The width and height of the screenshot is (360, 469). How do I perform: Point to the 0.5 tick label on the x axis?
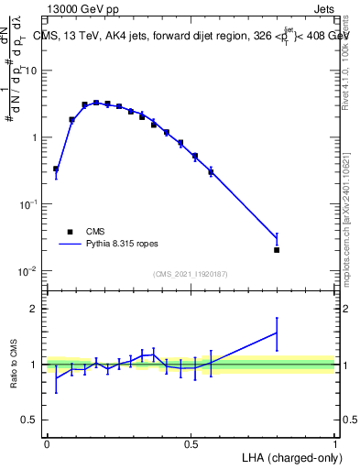tap(191, 442)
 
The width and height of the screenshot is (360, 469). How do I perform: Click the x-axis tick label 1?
tap(334, 442)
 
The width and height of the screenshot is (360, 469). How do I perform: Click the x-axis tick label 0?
tap(47, 442)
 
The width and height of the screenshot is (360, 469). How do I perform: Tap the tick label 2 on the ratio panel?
tap(35, 310)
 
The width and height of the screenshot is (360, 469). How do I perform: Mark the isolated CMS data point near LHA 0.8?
tap(277, 249)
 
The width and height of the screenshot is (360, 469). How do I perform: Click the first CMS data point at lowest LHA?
tap(56, 169)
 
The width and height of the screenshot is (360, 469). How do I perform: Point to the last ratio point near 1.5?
tap(277, 333)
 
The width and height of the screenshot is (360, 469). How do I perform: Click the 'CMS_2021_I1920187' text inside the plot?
tap(190, 274)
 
